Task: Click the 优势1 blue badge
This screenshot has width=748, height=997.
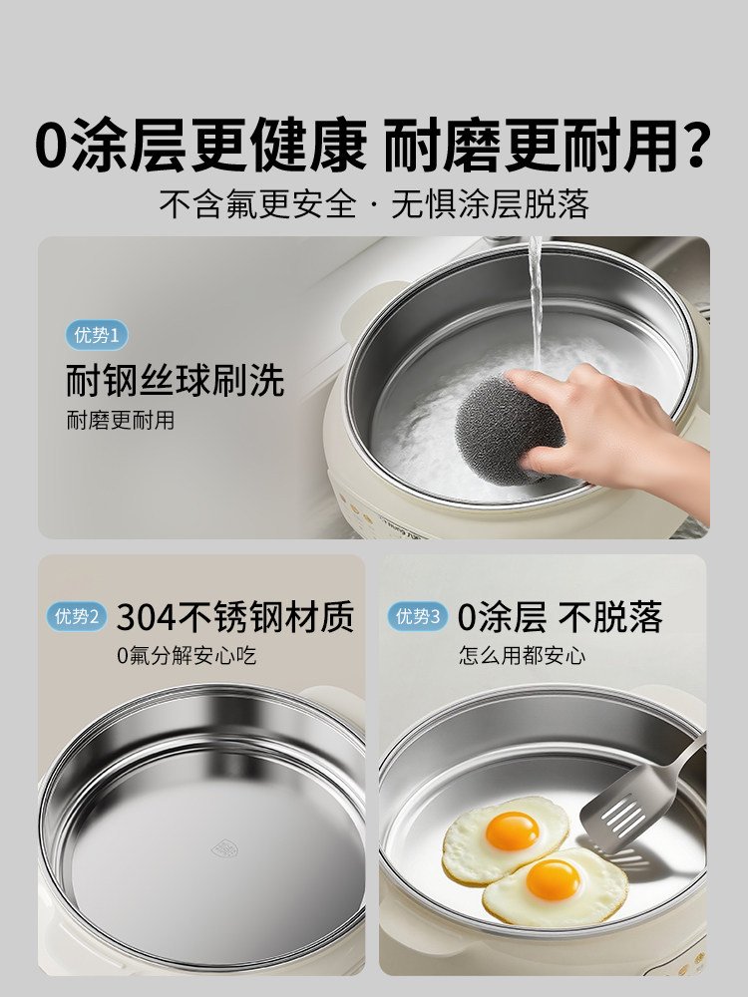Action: pos(97,335)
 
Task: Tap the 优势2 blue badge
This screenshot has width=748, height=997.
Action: pos(77,616)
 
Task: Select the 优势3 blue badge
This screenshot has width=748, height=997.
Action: pos(417,616)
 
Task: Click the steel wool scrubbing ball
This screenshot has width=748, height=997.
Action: pos(509,428)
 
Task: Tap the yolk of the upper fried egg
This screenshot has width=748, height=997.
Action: pos(512,831)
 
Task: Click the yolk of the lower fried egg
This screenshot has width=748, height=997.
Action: pos(554,880)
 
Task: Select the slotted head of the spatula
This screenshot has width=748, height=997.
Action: pos(626,810)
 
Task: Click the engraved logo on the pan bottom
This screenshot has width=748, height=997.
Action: pos(223,848)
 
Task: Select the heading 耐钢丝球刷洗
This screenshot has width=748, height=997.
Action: pos(175,380)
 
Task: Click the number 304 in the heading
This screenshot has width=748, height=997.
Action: pos(146,617)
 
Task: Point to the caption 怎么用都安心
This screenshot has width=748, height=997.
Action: pos(523,656)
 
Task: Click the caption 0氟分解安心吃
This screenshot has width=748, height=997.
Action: pos(187,656)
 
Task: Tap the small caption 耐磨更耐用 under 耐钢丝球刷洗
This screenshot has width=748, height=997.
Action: pos(121,421)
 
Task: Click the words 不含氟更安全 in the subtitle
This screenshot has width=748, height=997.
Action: pos(257,204)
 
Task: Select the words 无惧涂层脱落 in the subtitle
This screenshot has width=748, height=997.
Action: pos(490,204)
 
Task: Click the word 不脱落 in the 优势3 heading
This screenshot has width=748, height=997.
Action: pos(610,617)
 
